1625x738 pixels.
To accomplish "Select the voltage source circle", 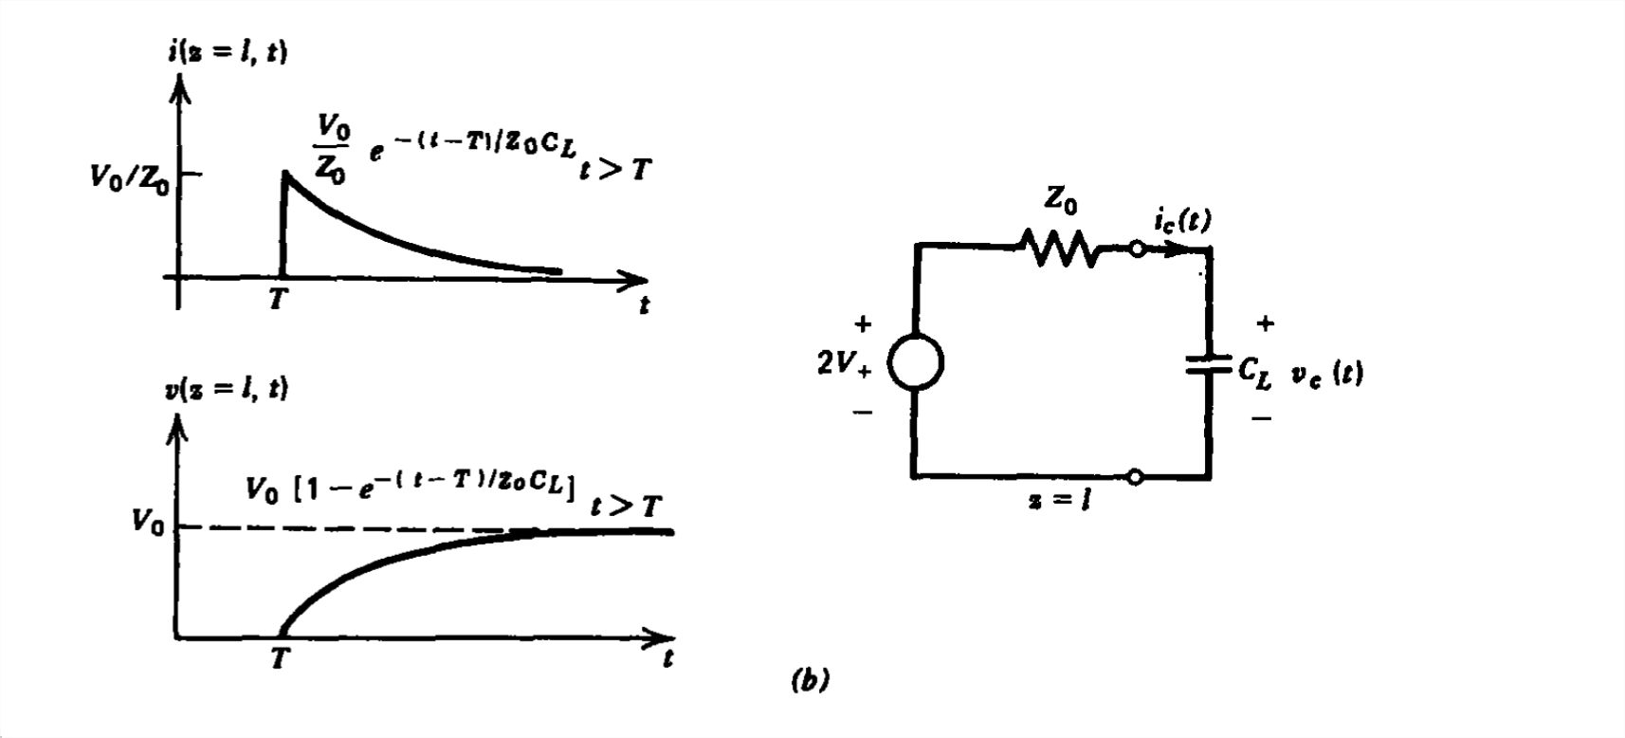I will pos(916,362).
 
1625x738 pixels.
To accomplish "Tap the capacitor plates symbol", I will pos(1209,363).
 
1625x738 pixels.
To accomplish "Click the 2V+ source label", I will pos(843,363).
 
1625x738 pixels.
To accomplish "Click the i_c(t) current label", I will pos(1182,221).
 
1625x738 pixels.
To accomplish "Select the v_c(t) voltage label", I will pos(1327,373).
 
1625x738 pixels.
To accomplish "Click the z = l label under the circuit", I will pos(1058,500).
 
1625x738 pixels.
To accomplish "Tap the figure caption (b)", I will pos(810,680).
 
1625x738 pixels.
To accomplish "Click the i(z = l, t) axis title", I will pos(228,51).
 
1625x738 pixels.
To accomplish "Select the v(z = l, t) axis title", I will pos(227,389).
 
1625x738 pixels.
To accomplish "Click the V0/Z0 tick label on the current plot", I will pos(130,177).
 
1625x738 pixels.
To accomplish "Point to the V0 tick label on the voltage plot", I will pos(147,523).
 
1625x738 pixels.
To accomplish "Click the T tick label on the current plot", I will pos(277,301).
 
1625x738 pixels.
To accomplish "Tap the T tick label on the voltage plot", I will pos(279,657).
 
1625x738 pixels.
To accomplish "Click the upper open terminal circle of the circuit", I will pos(1136,249).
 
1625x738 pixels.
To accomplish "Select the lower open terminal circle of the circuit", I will pos(1135,476).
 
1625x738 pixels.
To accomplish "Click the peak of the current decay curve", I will pos(284,175).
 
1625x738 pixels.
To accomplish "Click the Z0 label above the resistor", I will pos(1061,201).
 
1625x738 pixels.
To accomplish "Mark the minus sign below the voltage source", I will pos(863,413).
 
